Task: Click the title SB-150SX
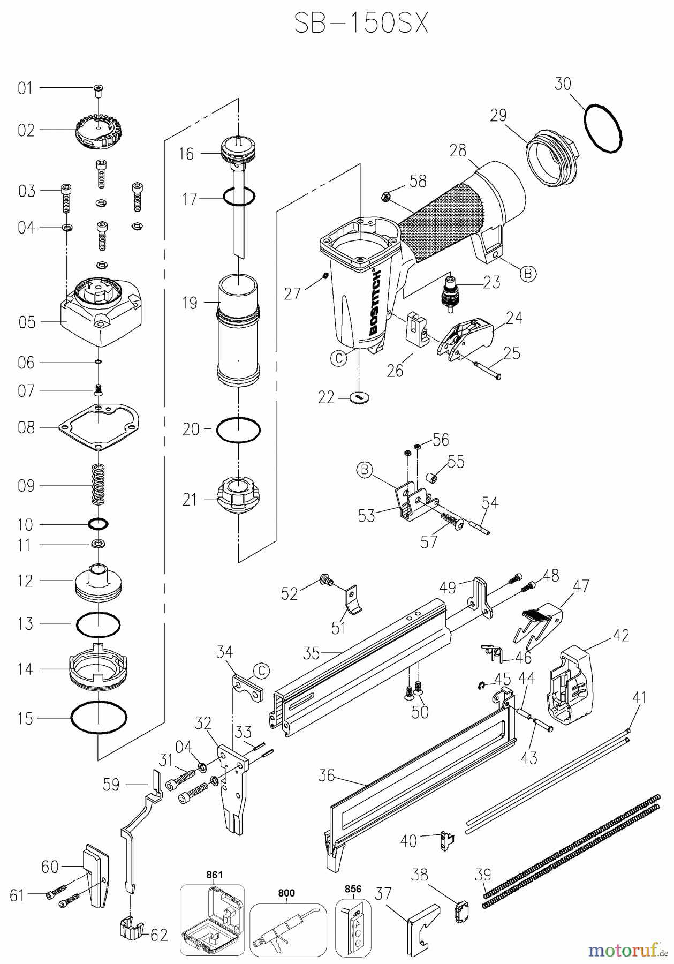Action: (x=361, y=24)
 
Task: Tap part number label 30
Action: (x=563, y=84)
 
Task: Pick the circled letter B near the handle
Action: (x=527, y=273)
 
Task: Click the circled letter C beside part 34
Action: (x=261, y=671)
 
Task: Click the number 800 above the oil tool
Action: (x=286, y=893)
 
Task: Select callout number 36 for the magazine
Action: (x=327, y=775)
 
